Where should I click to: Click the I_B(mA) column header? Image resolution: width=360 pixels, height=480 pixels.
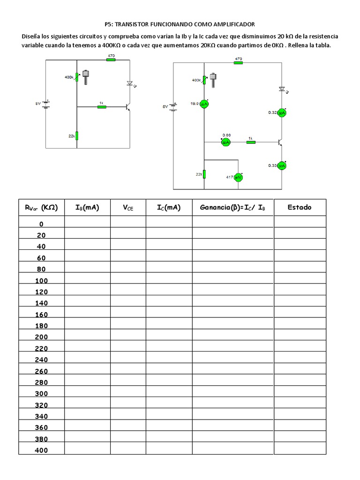pyautogui.click(x=87, y=207)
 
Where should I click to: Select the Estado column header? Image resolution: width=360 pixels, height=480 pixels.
pyautogui.click(x=300, y=207)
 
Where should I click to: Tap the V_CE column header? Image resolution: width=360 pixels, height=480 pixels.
pyautogui.click(x=128, y=208)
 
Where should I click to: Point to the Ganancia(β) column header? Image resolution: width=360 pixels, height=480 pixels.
pyautogui.click(x=232, y=207)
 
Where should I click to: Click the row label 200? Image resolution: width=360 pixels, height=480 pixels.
pyautogui.click(x=41, y=337)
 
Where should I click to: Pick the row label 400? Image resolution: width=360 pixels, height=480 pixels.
pyautogui.click(x=41, y=450)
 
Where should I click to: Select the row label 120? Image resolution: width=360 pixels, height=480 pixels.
pyautogui.click(x=41, y=292)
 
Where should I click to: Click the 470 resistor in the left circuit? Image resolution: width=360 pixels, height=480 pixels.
pyautogui.click(x=111, y=60)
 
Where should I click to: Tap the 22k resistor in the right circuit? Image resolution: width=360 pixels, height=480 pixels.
pyautogui.click(x=204, y=174)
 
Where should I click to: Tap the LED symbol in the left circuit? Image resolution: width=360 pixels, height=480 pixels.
pyautogui.click(x=130, y=83)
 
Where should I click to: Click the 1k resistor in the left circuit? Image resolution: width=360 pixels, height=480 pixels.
pyautogui.click(x=102, y=107)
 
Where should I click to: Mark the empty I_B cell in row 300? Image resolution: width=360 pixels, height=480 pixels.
pyautogui.click(x=87, y=394)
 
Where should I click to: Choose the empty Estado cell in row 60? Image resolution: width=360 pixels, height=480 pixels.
pyautogui.click(x=300, y=258)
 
